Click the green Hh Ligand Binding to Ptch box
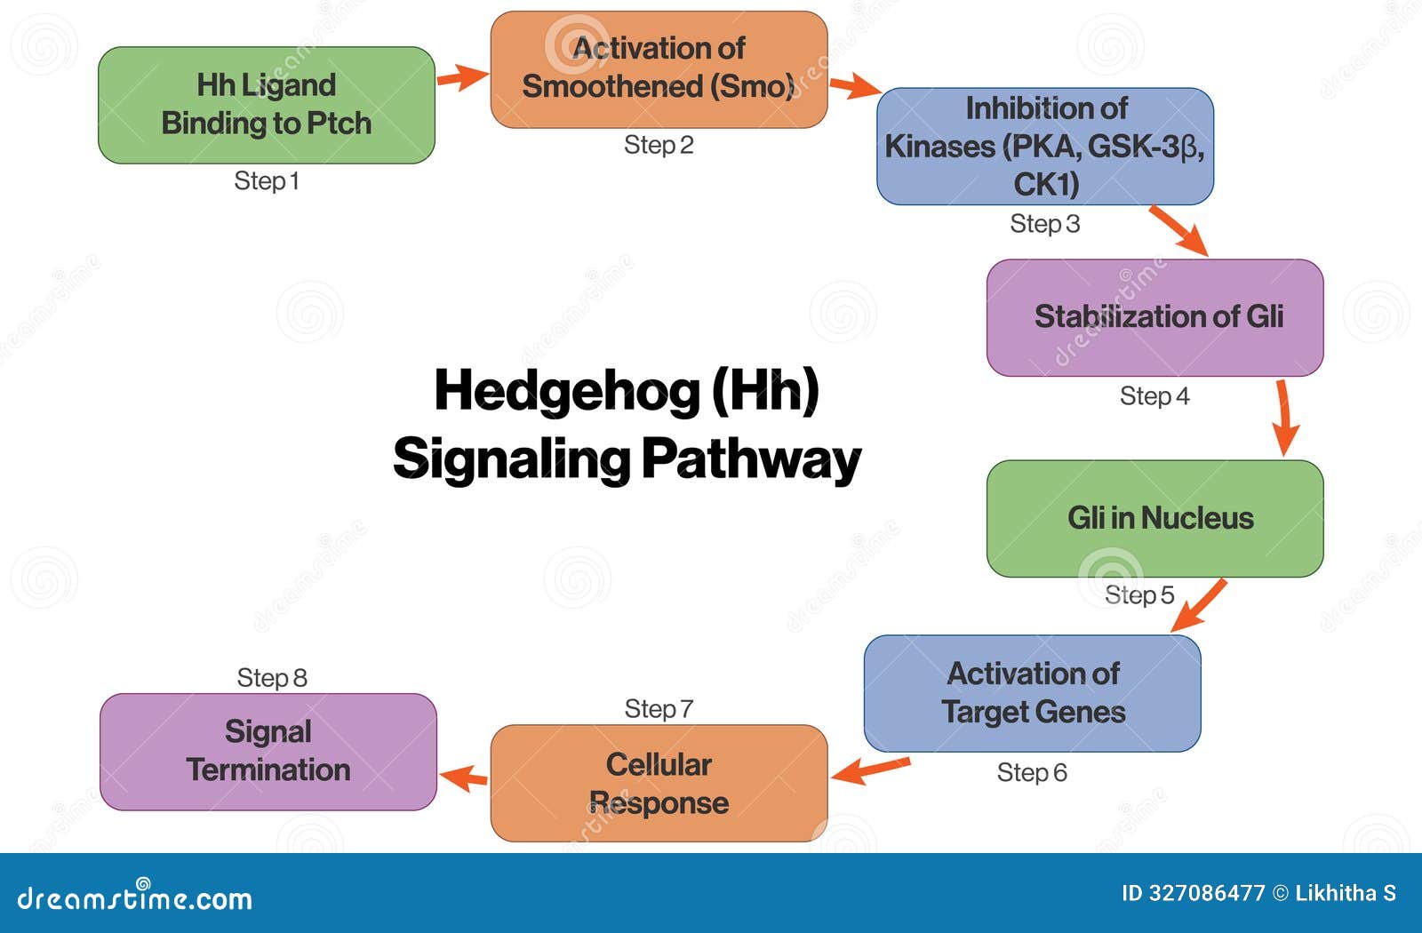pyautogui.click(x=266, y=105)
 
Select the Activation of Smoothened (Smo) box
pyautogui.click(x=659, y=69)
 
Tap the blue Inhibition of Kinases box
pyautogui.click(x=1044, y=146)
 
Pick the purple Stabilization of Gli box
pyautogui.click(x=1154, y=317)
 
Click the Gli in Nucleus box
pyautogui.click(x=1154, y=518)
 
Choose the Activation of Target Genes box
pyautogui.click(x=1032, y=693)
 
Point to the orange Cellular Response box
pyautogui.click(x=659, y=783)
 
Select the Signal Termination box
pyautogui.click(x=268, y=751)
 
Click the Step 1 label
pyautogui.click(x=266, y=181)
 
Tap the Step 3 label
pyautogui.click(x=1044, y=224)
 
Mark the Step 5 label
pyautogui.click(x=1138, y=594)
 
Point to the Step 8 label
pyautogui.click(x=272, y=678)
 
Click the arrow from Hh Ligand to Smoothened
pyautogui.click(x=462, y=77)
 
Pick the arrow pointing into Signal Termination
pyautogui.click(x=464, y=779)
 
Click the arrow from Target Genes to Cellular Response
pyautogui.click(x=871, y=770)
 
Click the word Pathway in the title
pyautogui.click(x=751, y=459)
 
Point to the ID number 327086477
pyautogui.click(x=1206, y=894)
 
